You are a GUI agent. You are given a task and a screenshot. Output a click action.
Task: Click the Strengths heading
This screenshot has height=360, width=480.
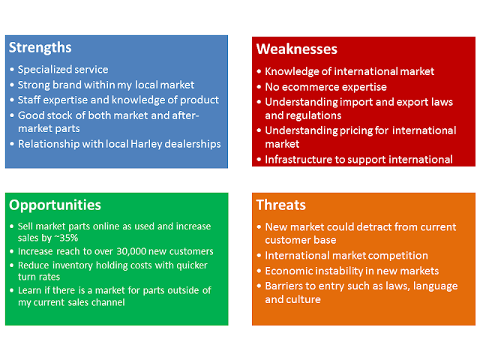click(x=40, y=48)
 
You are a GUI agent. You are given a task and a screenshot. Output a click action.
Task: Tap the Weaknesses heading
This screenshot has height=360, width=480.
click(x=297, y=49)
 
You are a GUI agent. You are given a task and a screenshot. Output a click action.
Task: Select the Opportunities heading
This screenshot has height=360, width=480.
click(x=55, y=205)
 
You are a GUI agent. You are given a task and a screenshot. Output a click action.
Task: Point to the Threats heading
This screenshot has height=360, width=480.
click(x=281, y=205)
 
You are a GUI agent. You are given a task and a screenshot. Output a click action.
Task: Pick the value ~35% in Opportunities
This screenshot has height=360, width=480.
click(x=66, y=238)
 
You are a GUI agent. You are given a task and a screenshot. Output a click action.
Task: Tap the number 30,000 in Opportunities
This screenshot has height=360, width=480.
click(x=131, y=251)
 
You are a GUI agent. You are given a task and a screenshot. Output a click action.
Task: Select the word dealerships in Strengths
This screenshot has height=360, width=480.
click(x=193, y=144)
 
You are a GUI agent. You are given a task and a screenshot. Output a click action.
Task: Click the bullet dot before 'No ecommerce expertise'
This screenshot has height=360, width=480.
click(x=259, y=87)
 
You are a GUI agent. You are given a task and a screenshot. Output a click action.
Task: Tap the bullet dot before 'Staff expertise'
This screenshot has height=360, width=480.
click(x=12, y=100)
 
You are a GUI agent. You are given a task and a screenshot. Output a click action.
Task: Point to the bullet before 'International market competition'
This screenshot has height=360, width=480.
click(x=259, y=256)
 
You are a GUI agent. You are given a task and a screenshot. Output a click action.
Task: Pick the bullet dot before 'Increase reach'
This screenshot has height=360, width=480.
click(x=12, y=252)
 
